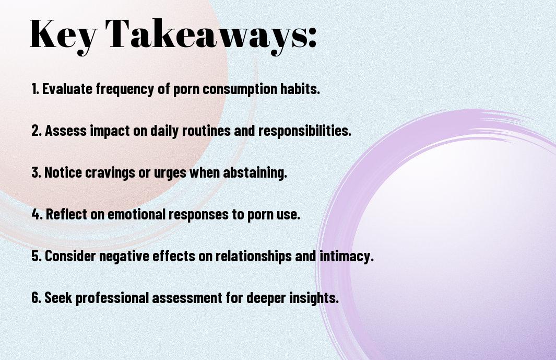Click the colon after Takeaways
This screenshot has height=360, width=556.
click(x=312, y=38)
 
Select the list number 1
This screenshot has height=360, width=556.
click(x=35, y=89)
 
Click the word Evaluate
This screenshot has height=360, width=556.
click(x=67, y=89)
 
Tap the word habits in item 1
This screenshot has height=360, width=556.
click(x=300, y=89)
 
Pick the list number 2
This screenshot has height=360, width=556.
click(x=37, y=131)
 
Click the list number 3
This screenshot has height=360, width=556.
click(x=36, y=172)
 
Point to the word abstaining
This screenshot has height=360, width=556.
click(x=255, y=172)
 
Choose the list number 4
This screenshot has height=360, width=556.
click(x=37, y=214)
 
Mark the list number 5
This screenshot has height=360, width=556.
click(x=37, y=256)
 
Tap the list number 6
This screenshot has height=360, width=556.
click(x=37, y=298)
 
